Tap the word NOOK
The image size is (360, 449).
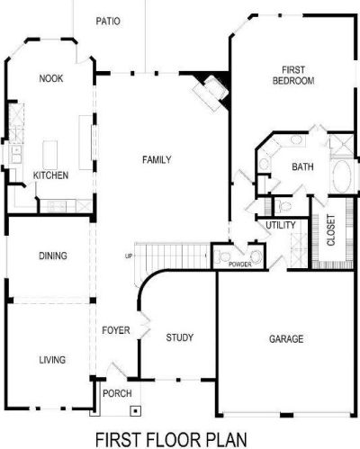coord(50,78)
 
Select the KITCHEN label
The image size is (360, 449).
coord(50,175)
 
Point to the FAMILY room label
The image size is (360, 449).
coord(157,159)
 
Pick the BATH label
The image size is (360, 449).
coord(302,166)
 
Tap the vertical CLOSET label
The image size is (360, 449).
coord(330,229)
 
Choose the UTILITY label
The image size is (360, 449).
coord(281,224)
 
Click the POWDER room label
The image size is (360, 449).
coord(239,265)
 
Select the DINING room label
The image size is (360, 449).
coord(53,256)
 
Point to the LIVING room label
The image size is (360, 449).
coord(51,360)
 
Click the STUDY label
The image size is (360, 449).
coord(180,338)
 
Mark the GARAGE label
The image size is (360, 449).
coord(286,339)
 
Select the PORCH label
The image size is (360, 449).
coord(117,393)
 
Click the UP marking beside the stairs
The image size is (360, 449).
coord(129,257)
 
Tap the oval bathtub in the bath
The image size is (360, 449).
coord(343,175)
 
